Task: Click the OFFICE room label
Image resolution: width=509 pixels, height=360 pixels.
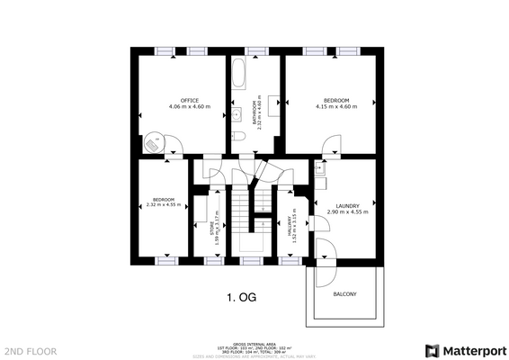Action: click(x=189, y=100)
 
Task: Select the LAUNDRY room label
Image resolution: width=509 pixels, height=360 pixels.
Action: click(x=347, y=205)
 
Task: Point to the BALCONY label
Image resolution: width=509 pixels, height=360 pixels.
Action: click(x=345, y=294)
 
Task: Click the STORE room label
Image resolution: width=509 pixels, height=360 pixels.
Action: click(x=211, y=227)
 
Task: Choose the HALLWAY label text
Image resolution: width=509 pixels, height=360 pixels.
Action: click(x=290, y=227)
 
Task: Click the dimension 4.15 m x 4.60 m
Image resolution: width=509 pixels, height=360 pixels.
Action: click(x=336, y=107)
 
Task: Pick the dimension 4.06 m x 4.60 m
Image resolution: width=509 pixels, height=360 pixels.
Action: click(x=189, y=107)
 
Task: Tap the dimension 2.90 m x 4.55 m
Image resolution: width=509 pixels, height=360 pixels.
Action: click(x=347, y=212)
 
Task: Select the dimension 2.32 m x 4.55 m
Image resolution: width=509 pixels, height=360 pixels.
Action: click(x=163, y=205)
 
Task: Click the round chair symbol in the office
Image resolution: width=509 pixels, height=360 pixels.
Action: click(x=154, y=142)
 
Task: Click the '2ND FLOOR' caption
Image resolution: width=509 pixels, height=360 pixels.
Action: click(x=30, y=350)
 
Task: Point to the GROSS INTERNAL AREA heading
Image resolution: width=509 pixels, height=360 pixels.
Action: click(x=254, y=344)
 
